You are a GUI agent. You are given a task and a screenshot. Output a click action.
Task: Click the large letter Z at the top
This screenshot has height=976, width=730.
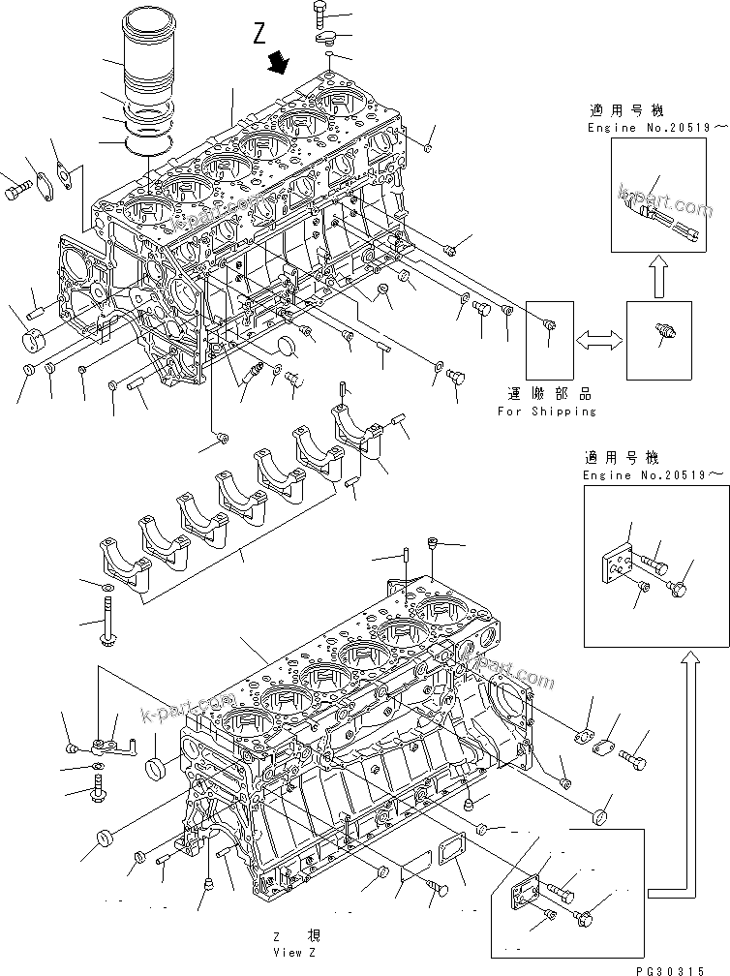click(x=259, y=36)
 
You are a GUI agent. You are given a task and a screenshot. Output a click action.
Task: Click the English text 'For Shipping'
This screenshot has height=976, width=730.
click(x=547, y=411)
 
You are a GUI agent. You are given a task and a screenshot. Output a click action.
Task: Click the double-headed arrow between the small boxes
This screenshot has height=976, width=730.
click(x=598, y=340)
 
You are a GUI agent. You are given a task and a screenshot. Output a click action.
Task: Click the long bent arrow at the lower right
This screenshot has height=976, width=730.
click(x=678, y=775)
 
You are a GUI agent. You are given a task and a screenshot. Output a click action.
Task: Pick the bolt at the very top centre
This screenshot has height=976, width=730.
click(x=322, y=14)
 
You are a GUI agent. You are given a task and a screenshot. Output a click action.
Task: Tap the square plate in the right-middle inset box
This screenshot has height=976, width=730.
click(x=613, y=564)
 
